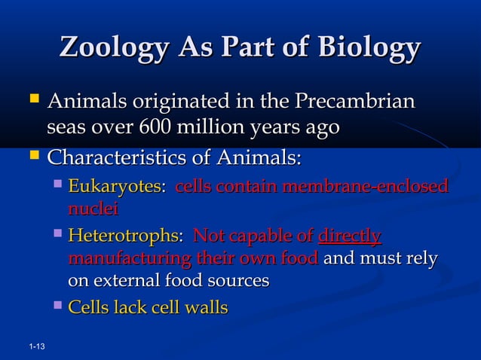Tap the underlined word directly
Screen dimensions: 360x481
pos(350,237)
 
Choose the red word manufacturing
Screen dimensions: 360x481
pos(129,260)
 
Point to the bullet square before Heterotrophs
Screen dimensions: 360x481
pos(59,236)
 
